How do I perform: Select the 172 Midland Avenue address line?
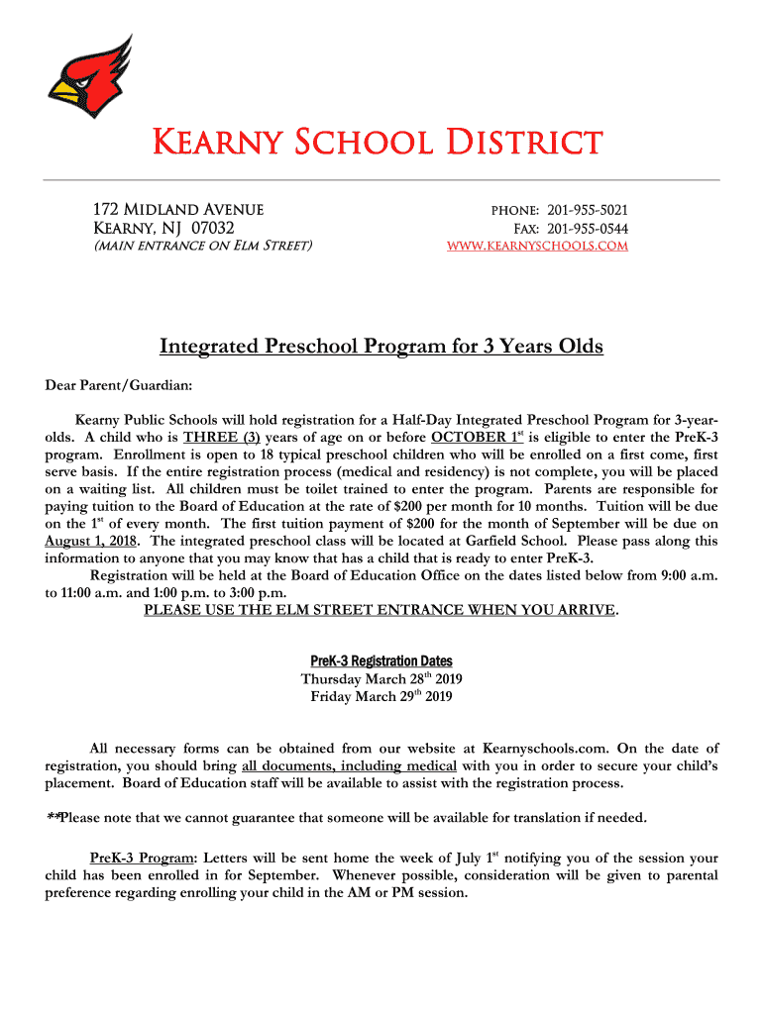(x=177, y=210)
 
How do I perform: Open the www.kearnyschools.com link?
(x=538, y=246)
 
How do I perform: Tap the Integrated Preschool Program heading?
(x=381, y=347)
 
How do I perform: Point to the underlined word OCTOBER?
(x=470, y=438)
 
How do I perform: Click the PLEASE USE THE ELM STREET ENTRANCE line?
(x=380, y=610)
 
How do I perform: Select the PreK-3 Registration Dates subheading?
(x=381, y=660)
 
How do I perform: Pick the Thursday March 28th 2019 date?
(x=381, y=679)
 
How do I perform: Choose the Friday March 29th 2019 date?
(x=381, y=697)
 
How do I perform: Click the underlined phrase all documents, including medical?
(x=349, y=766)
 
